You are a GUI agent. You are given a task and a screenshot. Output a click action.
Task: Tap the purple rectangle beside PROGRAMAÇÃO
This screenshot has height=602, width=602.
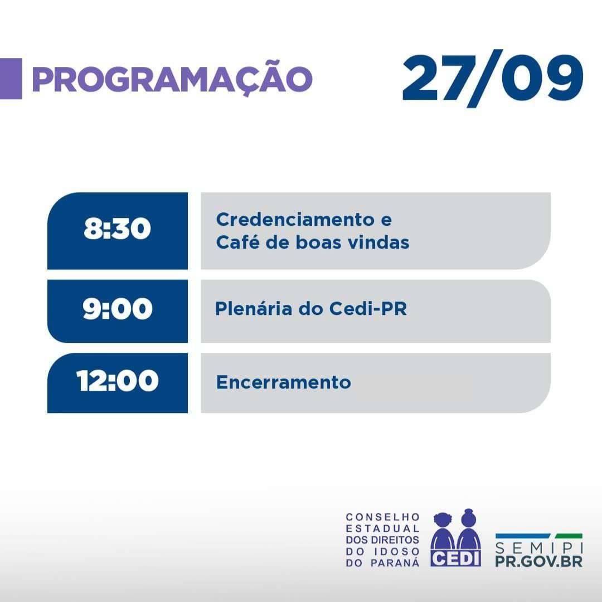pos(11,79)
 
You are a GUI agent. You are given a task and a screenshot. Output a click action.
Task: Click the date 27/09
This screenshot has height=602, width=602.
pos(493,78)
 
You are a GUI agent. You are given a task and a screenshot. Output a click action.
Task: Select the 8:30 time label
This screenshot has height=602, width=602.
pos(117,229)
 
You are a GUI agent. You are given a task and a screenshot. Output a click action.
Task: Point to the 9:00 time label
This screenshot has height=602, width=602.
pos(118,308)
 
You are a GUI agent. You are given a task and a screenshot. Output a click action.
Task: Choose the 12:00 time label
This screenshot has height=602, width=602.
pos(118,381)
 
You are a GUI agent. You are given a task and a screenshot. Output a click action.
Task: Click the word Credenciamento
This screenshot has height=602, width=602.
pos(295,220)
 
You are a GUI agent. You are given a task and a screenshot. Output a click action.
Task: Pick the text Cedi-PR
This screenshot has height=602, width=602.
pos(368,309)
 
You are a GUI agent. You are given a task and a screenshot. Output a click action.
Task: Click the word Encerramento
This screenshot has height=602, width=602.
pos(283,382)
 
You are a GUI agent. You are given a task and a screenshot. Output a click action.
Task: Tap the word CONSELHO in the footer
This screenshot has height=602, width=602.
pos(382,517)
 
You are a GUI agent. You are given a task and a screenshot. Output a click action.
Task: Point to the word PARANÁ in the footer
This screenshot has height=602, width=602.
pos(395,563)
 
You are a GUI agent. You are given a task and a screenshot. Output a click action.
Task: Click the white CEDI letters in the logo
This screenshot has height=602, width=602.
pos(455,558)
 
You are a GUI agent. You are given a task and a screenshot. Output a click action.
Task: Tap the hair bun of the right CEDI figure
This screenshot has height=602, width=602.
pos(468,511)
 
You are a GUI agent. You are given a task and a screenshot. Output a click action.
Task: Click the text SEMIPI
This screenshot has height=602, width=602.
pos(539,547)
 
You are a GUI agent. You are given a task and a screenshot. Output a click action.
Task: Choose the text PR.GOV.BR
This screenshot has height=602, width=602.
pos(539,561)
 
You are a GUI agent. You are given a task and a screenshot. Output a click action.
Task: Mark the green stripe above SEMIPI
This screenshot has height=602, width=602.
pos(569,536)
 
